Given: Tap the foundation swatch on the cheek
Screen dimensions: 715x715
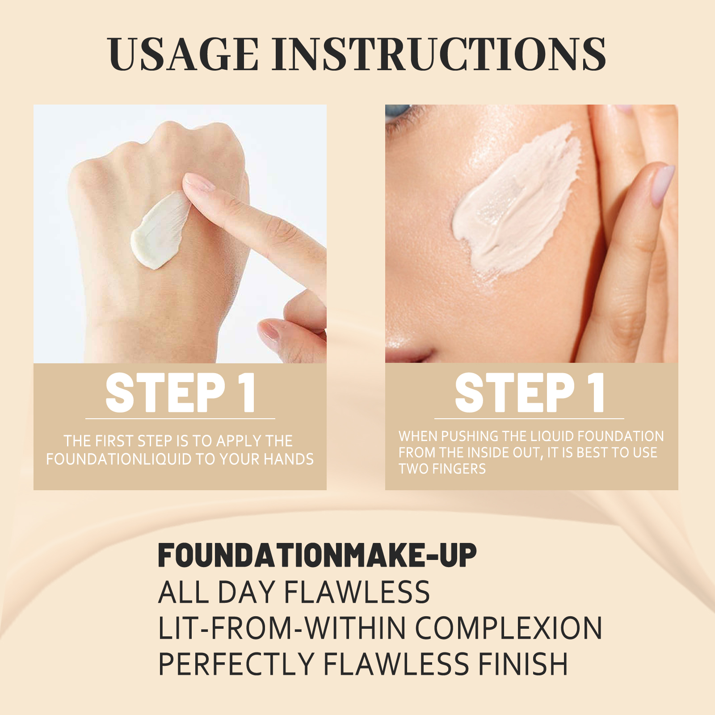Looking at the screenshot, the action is [514, 201].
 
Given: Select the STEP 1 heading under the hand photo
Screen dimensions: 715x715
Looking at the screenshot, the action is [180, 393].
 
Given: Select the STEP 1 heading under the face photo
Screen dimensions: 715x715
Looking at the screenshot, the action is [530, 393].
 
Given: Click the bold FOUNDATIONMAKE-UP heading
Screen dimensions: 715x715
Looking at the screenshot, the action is [317, 555].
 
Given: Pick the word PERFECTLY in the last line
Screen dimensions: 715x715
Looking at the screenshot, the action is [236, 664].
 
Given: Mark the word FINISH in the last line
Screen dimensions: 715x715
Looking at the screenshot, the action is [523, 664].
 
